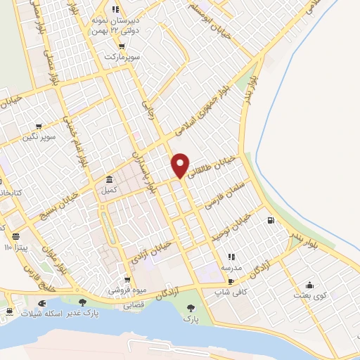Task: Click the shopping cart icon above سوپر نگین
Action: point(39,127)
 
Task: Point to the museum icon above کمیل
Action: point(109,179)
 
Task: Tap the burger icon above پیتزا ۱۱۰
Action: point(15,236)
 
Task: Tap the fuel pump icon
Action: point(270,220)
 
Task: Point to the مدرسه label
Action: point(231,266)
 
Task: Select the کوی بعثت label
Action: point(311,295)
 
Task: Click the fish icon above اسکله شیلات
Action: point(41,303)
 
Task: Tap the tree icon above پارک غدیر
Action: point(83,303)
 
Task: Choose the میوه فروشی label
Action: point(124,290)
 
